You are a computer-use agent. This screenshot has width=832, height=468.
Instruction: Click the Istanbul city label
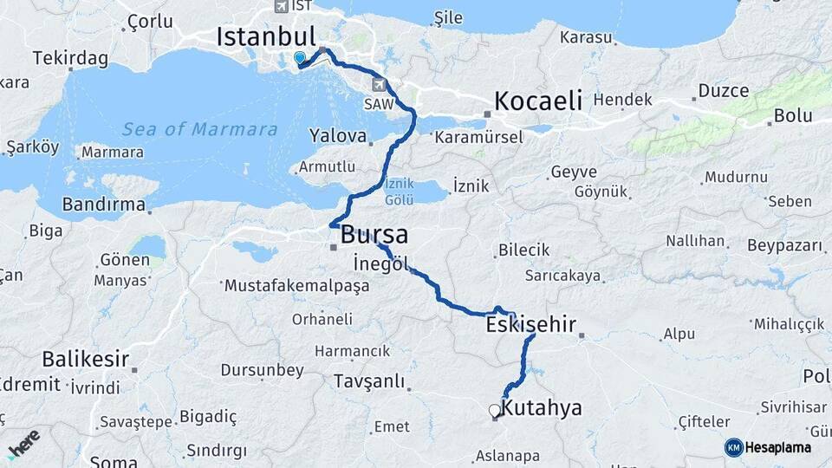point(265,36)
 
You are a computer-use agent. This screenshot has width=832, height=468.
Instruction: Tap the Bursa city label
point(374,235)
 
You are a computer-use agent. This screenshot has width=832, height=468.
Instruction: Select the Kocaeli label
point(538,100)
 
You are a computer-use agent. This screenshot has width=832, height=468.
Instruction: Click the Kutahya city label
point(542,408)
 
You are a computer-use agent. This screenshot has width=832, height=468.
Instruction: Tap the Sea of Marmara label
point(199,130)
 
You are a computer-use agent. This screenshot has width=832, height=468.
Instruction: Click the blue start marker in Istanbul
point(300,57)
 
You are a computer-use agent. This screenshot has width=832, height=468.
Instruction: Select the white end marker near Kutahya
point(494,411)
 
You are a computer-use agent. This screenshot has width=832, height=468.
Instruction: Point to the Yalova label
point(334,135)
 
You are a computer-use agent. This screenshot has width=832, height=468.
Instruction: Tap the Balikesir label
point(86,359)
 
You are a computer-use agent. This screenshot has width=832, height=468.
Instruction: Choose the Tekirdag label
point(70,58)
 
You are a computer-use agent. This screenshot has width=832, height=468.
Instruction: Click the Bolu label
point(793,114)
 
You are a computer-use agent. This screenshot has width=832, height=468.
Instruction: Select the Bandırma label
point(103,205)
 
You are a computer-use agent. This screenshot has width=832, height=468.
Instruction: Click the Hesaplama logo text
point(778,447)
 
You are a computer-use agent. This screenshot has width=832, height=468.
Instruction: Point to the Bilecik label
point(523,250)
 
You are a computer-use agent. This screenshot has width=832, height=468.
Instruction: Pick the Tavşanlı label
point(369,381)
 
